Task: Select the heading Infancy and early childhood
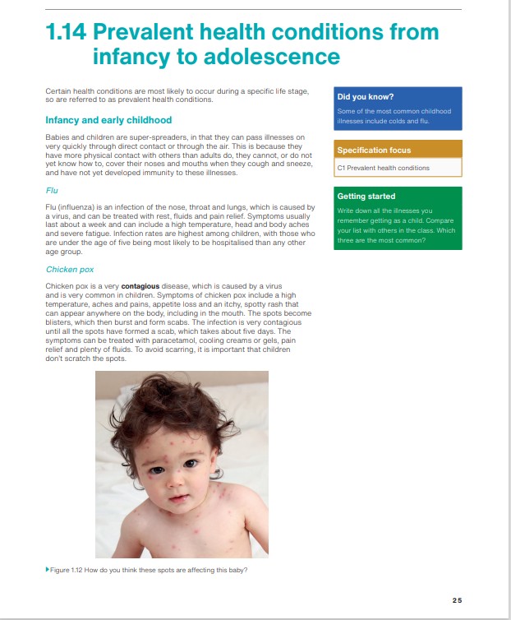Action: click(x=108, y=120)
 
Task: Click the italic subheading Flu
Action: click(x=51, y=191)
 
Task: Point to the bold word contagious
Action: click(x=134, y=285)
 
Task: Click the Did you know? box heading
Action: click(x=365, y=97)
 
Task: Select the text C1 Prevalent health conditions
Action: click(x=383, y=168)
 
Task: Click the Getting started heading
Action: click(x=366, y=197)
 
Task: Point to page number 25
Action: click(x=457, y=599)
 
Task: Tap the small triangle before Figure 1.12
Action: click(x=47, y=570)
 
